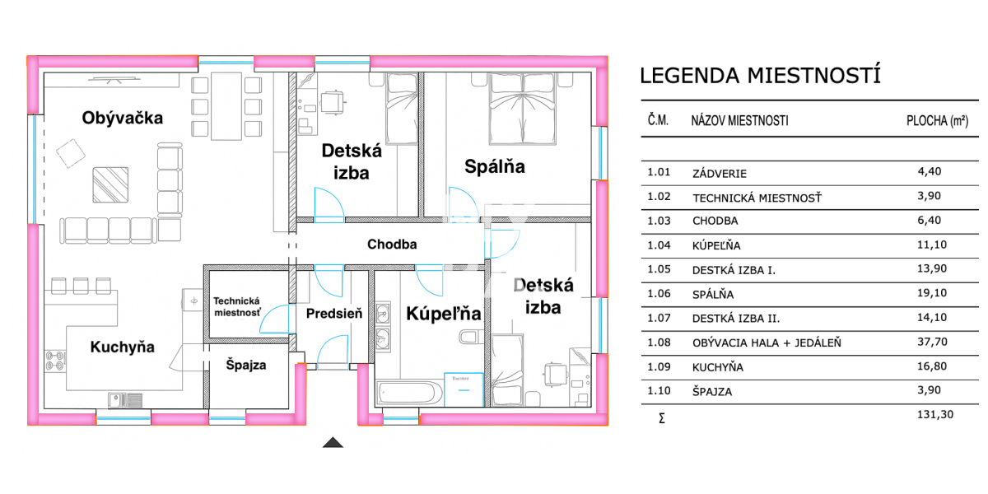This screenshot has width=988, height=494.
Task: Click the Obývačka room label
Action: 123,118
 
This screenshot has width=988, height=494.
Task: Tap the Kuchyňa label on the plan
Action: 122,347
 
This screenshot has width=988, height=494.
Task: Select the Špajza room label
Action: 246,365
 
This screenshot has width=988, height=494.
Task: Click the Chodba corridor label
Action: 392,244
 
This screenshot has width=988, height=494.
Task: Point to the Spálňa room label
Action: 495,167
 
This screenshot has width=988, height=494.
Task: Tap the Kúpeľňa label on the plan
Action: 443,314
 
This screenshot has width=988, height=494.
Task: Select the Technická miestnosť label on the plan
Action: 237,307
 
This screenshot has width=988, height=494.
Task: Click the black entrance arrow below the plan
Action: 333,443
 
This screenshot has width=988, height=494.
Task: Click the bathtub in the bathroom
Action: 408,393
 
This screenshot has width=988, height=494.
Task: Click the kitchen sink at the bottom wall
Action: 124,401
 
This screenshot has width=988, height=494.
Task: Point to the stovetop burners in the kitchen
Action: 55,360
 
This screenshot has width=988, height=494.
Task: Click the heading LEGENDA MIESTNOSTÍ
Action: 760,76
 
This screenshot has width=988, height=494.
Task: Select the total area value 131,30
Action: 934,415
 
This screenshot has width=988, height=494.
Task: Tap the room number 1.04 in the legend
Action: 659,245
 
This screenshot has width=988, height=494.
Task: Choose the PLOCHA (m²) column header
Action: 936,121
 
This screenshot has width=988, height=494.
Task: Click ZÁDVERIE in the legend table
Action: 720,174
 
